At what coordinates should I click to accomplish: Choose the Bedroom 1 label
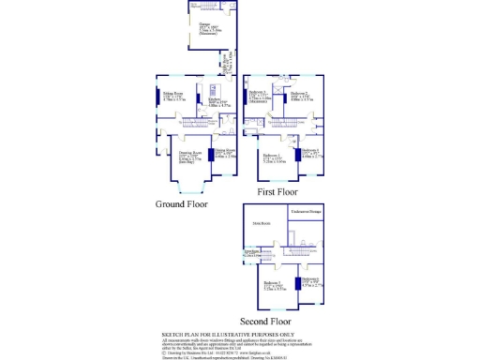[274, 157]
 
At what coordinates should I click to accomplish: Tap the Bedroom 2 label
[300, 95]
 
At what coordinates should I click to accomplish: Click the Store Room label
[262, 222]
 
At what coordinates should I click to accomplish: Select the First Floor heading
[270, 191]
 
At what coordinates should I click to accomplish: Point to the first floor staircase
[281, 123]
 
